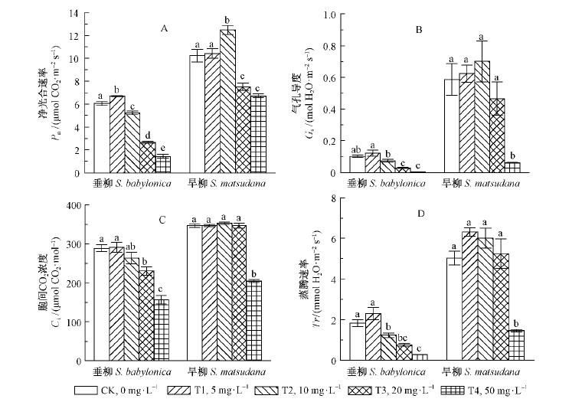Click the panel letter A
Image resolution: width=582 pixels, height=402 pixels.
point(163,28)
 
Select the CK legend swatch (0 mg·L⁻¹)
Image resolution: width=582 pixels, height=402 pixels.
point(89,391)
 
